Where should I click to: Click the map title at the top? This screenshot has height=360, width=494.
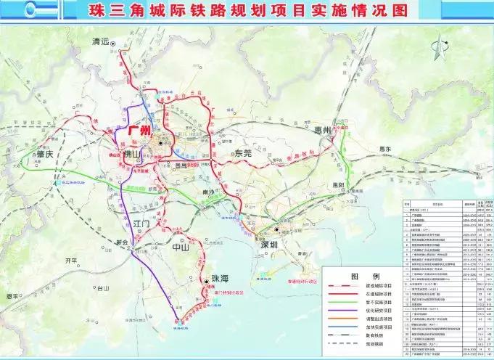pos(247,12)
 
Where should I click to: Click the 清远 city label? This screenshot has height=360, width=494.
pos(103,41)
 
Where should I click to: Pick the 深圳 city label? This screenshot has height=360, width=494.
pos(272,245)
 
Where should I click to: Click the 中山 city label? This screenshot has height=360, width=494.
pos(178,247)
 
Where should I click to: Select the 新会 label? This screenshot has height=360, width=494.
pos(120,242)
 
